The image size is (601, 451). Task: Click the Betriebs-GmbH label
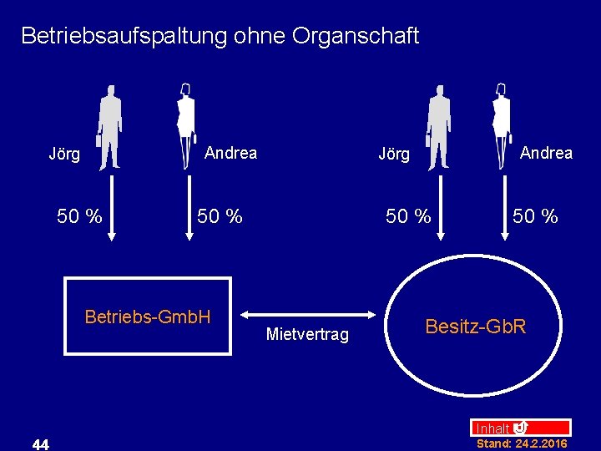[148, 317]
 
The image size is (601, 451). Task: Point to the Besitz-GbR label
[476, 326]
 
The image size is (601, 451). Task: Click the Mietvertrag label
[307, 335]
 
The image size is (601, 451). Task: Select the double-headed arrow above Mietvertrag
[308, 315]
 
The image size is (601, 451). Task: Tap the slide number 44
[40, 444]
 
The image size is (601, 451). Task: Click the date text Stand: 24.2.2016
[522, 444]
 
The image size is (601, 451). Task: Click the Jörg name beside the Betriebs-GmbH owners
[64, 154]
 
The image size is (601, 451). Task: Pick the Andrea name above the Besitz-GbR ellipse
[546, 152]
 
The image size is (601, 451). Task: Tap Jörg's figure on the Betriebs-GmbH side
[109, 127]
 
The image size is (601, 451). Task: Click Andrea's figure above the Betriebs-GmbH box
[185, 124]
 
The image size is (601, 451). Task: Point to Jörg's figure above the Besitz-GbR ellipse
[438, 127]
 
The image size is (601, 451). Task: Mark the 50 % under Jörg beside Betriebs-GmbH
[79, 217]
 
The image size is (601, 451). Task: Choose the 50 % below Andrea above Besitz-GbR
[535, 217]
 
